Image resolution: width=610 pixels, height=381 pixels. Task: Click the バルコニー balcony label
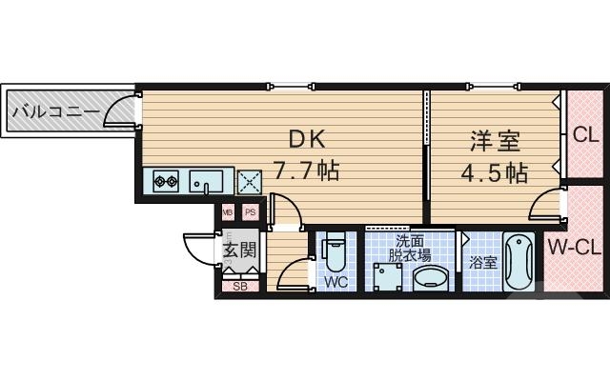click(55, 113)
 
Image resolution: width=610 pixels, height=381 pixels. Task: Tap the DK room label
click(307, 139)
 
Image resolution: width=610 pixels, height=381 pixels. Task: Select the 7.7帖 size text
click(307, 171)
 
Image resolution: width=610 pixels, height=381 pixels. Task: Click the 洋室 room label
click(493, 141)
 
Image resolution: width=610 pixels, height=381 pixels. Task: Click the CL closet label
click(584, 133)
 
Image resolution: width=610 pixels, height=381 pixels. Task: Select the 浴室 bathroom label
click(482, 262)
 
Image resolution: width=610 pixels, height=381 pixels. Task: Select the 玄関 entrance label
click(239, 251)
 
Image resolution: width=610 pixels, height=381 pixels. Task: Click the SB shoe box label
click(239, 285)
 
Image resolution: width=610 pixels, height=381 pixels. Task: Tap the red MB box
click(229, 212)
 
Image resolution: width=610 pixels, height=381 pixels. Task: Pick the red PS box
click(250, 212)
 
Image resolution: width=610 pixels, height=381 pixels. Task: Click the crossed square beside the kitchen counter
click(250, 181)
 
